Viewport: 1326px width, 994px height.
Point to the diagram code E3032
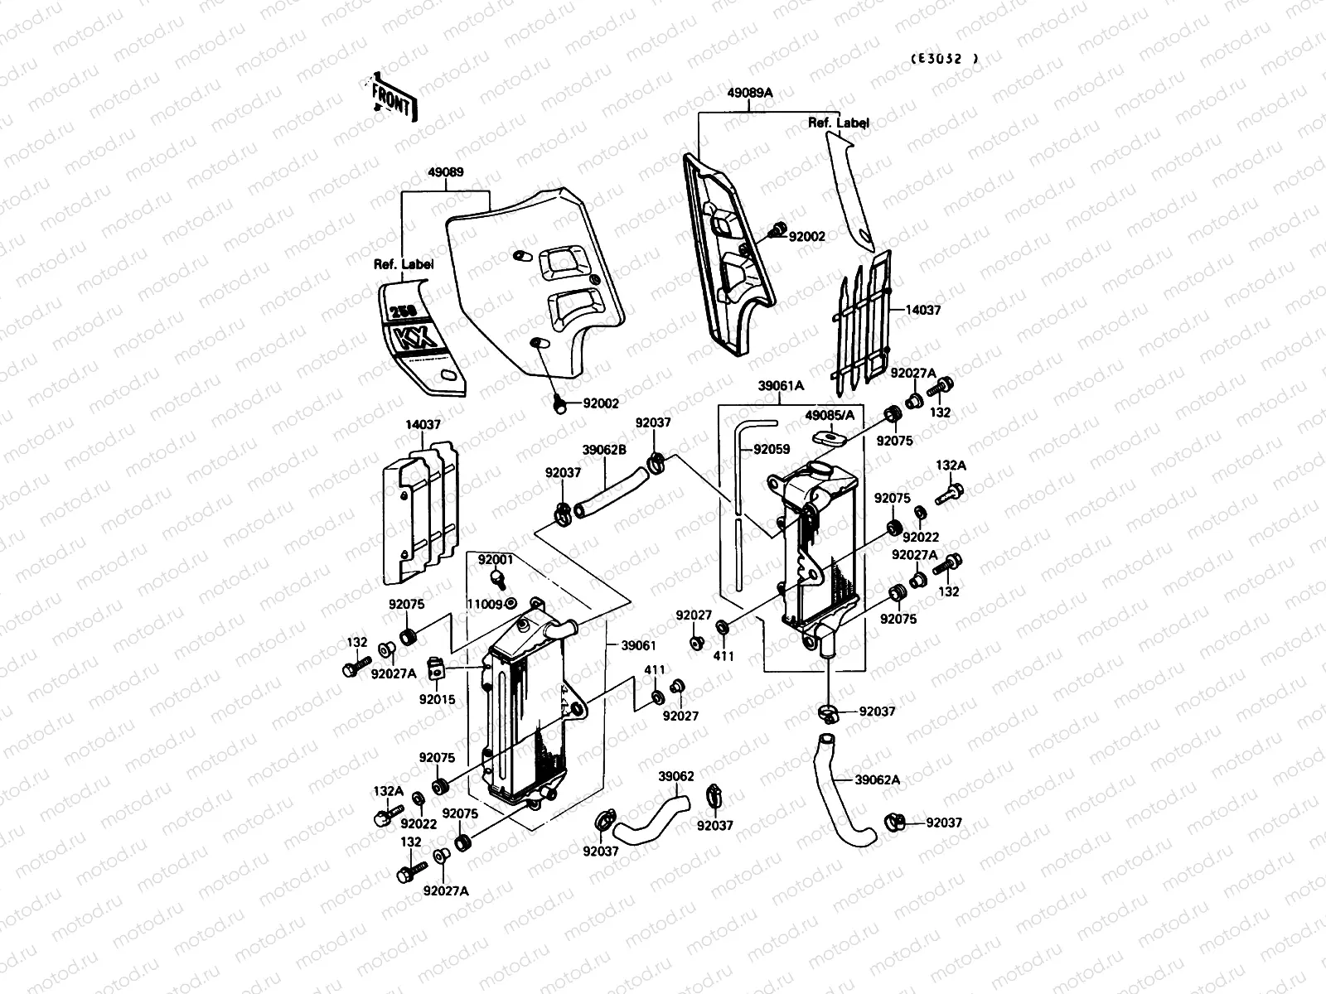click(944, 59)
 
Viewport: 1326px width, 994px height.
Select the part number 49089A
click(750, 93)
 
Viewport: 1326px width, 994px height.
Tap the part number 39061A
click(781, 385)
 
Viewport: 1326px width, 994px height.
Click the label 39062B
click(604, 450)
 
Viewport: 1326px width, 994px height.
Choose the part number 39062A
click(877, 779)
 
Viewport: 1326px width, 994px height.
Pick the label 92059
click(772, 450)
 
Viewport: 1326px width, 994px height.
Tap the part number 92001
click(496, 560)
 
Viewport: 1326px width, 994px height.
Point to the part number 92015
click(437, 699)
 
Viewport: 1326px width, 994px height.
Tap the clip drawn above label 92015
click(437, 667)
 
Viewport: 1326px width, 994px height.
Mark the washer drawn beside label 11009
click(512, 603)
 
